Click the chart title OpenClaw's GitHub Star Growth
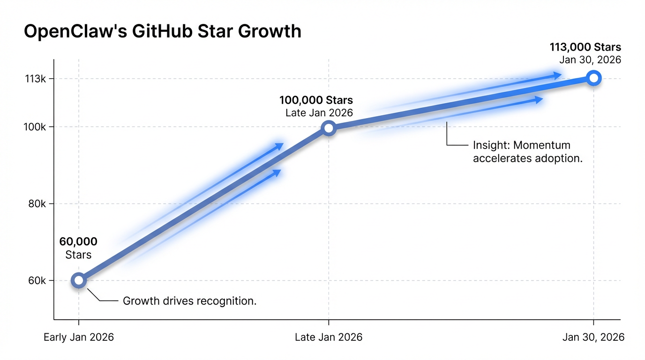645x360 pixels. pos(162,31)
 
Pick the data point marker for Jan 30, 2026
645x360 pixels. pos(593,78)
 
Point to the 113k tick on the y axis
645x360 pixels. pos(37,79)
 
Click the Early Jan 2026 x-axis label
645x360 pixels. pos(79,337)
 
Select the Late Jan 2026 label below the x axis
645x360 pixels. pos(329,337)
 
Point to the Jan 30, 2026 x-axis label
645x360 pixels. pos(593,337)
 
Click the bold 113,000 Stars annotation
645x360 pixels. pos(585,47)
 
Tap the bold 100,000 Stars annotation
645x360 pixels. pos(316,100)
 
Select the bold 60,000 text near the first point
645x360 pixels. pos(78,242)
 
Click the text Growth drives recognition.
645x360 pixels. pos(189,301)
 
